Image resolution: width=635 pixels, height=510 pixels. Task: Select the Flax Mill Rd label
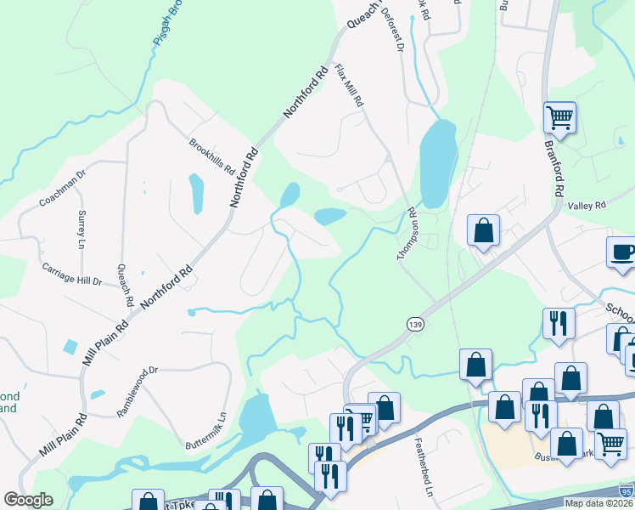(350, 85)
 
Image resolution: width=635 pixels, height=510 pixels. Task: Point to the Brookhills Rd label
(211, 155)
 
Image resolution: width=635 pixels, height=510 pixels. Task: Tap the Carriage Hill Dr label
(72, 274)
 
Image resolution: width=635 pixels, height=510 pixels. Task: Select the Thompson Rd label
(406, 234)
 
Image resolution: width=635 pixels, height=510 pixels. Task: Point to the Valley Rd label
(587, 206)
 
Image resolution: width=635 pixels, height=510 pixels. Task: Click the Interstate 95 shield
(625, 491)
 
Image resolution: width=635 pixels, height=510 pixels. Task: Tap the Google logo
(28, 500)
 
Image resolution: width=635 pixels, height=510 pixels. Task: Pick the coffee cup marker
(622, 253)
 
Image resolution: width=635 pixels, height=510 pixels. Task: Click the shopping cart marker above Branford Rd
(559, 117)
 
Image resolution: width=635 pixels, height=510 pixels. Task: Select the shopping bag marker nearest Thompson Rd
(483, 230)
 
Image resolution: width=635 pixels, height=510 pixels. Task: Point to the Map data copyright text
(598, 503)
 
